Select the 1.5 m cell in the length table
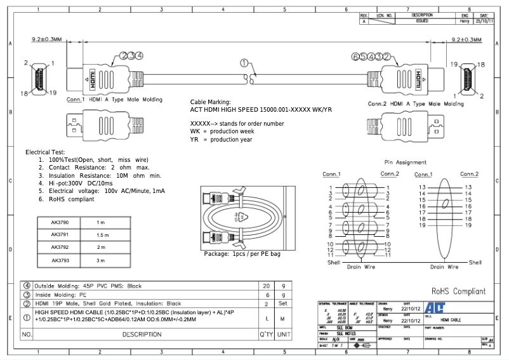coord(102,235)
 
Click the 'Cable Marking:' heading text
coord(211,102)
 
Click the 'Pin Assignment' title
coord(406,163)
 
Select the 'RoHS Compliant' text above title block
coord(458,291)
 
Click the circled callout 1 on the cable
coord(244,63)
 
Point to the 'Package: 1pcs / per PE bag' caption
coord(242,254)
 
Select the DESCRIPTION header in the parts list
coord(142,334)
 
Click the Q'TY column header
coord(266,334)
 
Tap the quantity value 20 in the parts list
coord(266,286)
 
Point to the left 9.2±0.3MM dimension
coord(47,40)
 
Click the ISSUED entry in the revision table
coord(421,21)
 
